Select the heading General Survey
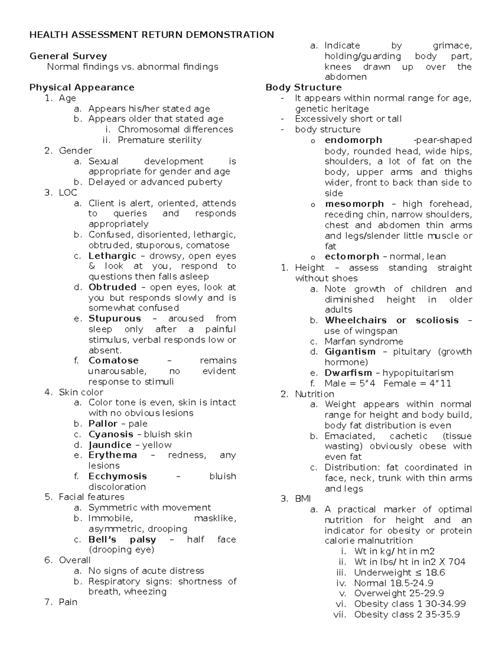point(68,56)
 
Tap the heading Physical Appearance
point(82,87)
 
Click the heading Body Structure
point(303,87)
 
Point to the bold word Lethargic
point(112,256)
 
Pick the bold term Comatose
point(113,360)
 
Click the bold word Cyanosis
point(111,434)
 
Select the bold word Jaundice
point(110,445)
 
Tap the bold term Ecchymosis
point(118,476)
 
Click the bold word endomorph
point(353,140)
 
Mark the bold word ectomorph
point(351,257)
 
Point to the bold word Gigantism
point(350,352)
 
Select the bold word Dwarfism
point(348,373)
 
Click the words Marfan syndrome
point(364,342)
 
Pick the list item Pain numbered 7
point(68,602)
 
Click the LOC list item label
point(68,193)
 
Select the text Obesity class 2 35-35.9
point(407,614)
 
